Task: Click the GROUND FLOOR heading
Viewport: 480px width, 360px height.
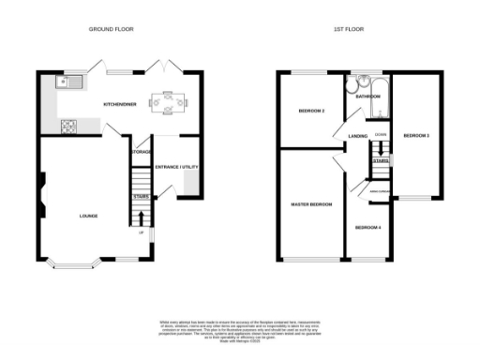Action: (x=112, y=29)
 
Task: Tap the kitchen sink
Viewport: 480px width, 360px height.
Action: (x=69, y=82)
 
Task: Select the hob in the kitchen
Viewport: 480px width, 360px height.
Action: (x=68, y=125)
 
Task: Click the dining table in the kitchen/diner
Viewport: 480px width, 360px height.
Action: (x=169, y=100)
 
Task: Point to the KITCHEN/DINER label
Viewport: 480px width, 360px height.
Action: (x=121, y=105)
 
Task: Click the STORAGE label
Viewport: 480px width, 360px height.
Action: (x=141, y=151)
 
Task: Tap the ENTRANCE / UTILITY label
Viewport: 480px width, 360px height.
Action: (x=176, y=166)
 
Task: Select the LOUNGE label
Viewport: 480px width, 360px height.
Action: (x=89, y=216)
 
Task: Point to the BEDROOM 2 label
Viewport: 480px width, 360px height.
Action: (x=310, y=112)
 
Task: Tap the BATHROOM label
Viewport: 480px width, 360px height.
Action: (x=367, y=96)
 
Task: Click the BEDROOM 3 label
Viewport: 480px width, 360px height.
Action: (x=415, y=136)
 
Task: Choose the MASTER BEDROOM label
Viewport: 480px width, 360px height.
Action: (x=310, y=203)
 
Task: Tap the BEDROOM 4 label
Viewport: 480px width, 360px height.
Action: (x=367, y=228)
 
